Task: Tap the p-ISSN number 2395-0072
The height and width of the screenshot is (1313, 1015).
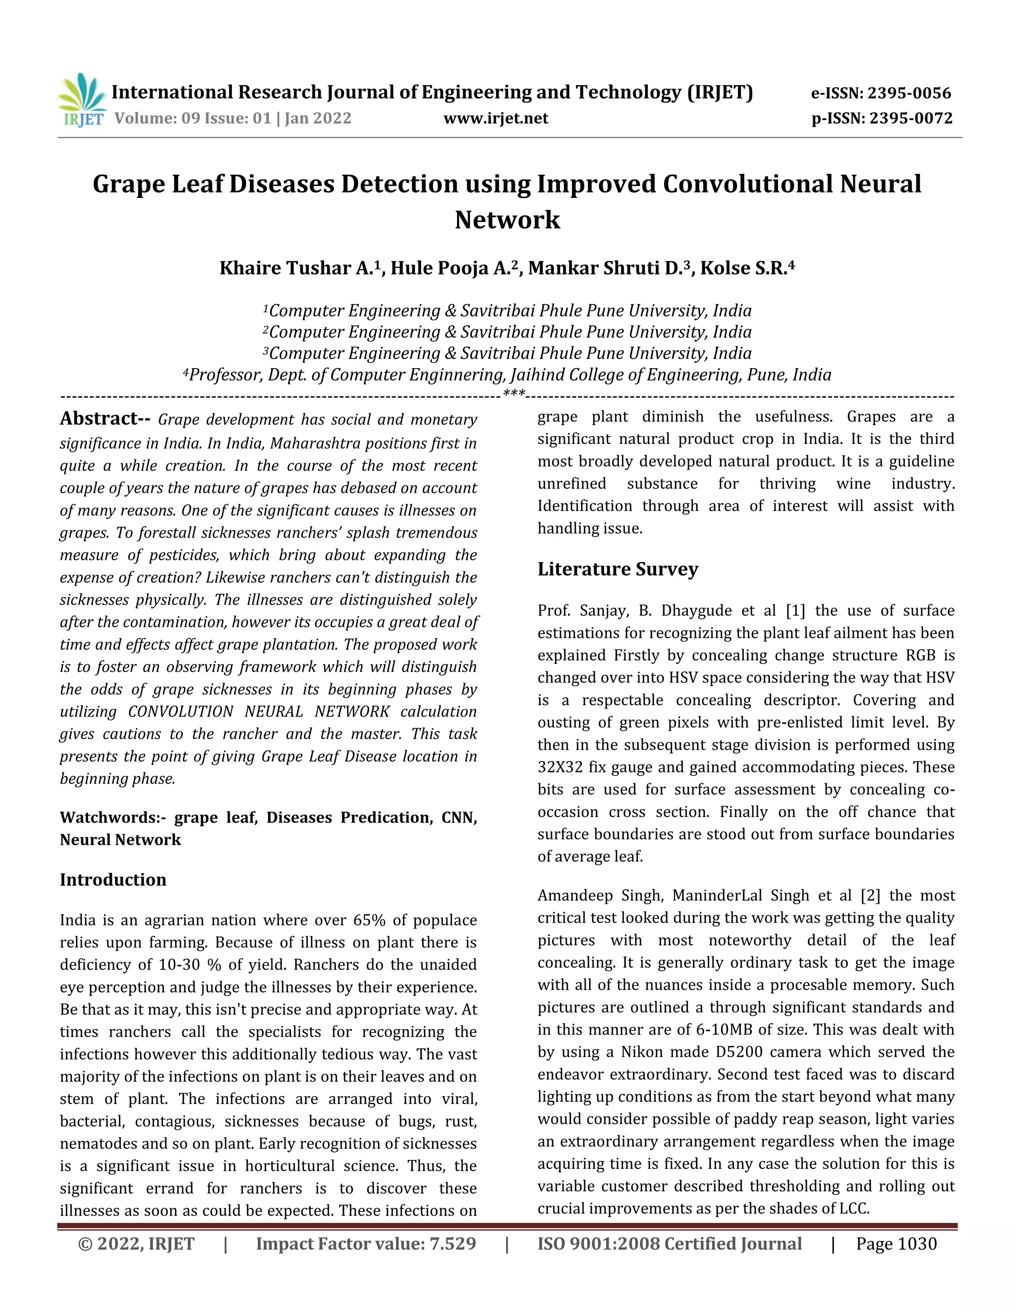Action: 911,118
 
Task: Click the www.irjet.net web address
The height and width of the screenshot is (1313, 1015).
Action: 496,118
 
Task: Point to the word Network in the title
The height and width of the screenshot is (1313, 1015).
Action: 507,220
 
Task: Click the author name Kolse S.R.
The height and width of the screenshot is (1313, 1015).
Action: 744,268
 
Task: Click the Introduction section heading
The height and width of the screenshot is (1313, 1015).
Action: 113,879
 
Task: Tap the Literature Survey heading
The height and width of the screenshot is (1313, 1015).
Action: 618,569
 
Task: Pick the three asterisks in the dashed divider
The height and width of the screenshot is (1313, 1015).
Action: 513,394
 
